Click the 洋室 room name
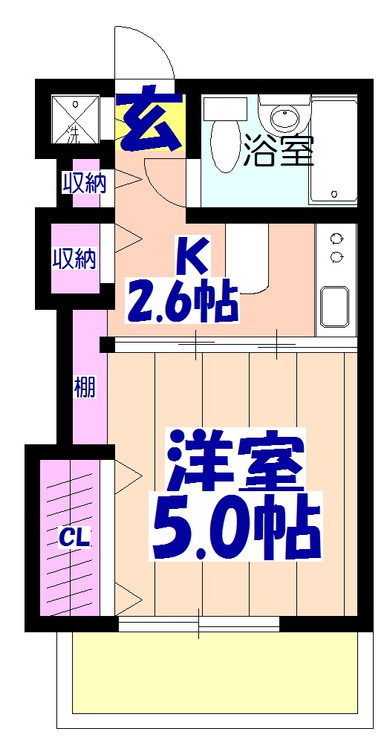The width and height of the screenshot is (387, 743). coord(236,460)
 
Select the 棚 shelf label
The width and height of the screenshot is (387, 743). coord(85,387)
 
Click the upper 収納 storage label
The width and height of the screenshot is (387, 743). coord(83,182)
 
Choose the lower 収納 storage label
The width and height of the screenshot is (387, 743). coord(74,259)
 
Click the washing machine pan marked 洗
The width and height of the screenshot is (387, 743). coord(74,119)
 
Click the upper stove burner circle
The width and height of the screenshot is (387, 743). coord(336,239)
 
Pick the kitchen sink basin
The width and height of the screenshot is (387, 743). coord(336,306)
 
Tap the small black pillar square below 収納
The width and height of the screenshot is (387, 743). coord(107,345)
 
